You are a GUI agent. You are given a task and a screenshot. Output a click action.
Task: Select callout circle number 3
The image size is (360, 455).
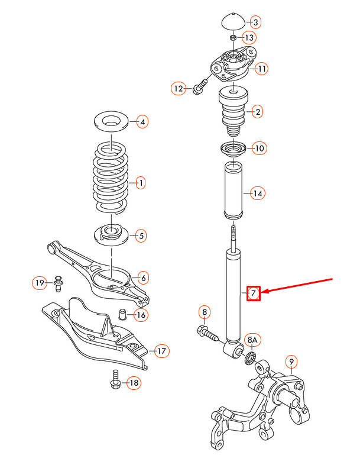(x=255, y=22)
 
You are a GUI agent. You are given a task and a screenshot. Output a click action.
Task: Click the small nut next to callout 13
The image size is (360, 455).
(x=233, y=38)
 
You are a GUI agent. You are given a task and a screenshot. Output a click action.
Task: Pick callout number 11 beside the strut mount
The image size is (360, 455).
(x=261, y=69)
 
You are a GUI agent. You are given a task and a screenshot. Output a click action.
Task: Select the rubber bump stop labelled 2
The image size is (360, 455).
(x=233, y=112)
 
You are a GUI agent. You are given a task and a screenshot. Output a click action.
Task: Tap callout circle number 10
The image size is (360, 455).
(x=259, y=148)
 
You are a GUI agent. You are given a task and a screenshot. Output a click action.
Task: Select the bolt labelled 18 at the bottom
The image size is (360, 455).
(x=115, y=379)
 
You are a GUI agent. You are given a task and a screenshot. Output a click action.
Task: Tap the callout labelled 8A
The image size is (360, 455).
(x=252, y=340)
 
